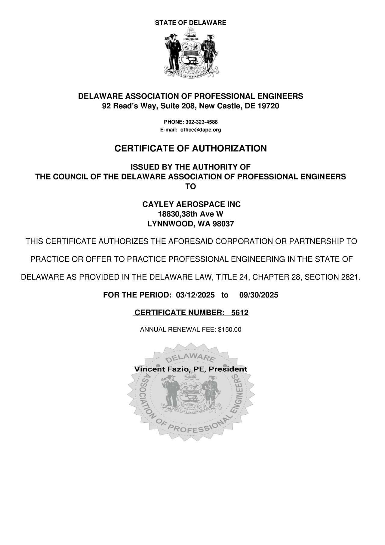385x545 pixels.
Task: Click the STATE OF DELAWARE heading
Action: (x=190, y=23)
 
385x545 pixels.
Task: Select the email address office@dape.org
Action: (x=201, y=130)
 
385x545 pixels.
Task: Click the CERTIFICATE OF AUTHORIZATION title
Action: (x=190, y=148)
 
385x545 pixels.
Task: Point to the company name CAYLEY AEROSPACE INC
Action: (x=191, y=204)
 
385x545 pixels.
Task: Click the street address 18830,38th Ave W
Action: (x=191, y=214)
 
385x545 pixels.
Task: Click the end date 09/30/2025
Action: (x=259, y=295)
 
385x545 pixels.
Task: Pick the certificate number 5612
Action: (x=240, y=313)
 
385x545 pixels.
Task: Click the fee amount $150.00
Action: (x=229, y=330)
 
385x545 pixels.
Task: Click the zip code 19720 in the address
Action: (x=269, y=106)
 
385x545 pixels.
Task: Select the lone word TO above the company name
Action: (x=191, y=187)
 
